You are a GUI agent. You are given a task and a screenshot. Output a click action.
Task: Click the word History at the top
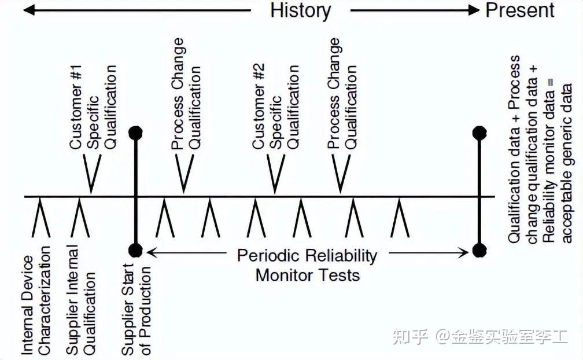point(300,10)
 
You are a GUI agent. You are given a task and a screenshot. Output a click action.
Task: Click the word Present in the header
point(520,10)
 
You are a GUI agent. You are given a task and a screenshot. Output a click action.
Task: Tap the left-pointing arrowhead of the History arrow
point(28,10)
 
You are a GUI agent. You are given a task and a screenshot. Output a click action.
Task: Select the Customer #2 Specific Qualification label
point(275,107)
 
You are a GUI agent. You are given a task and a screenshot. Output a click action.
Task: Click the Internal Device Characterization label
point(36,300)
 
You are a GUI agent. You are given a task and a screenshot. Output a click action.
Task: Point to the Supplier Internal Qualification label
point(81,300)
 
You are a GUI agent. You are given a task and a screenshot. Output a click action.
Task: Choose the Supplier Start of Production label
point(136,310)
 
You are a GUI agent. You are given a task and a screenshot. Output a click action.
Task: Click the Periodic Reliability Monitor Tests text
point(307,265)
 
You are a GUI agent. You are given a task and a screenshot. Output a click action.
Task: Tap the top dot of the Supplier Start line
point(135,133)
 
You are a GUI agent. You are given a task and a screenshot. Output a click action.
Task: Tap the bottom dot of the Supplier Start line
point(135,251)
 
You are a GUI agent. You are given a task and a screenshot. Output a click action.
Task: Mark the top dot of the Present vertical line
point(479,133)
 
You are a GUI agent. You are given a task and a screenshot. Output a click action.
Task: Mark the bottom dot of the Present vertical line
point(479,251)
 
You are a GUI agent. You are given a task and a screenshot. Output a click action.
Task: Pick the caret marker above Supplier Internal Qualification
point(80,218)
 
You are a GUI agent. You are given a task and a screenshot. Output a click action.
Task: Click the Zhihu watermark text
point(480,336)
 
